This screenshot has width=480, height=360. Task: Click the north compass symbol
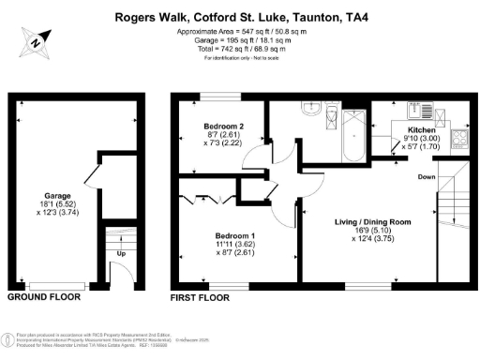(x=34, y=41)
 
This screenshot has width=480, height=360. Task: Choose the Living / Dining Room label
(x=373, y=222)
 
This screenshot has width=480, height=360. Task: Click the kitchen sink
(x=416, y=106)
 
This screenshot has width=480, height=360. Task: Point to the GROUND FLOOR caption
(x=44, y=297)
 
